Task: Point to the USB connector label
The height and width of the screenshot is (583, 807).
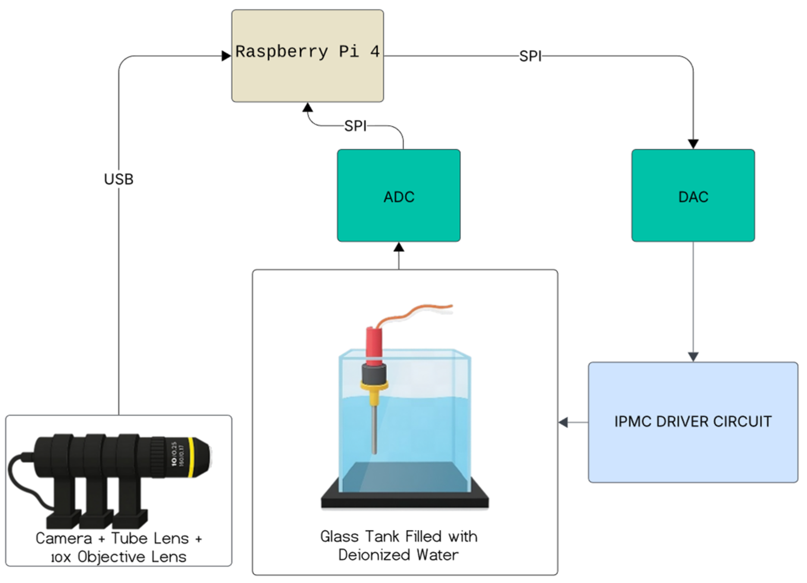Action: pos(119,179)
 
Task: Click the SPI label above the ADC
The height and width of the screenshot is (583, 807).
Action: pos(355,126)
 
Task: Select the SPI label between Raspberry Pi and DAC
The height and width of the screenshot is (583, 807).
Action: pos(530,56)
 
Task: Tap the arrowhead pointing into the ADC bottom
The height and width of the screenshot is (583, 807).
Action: pos(399,247)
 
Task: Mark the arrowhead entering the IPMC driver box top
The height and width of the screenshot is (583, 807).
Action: pos(693,357)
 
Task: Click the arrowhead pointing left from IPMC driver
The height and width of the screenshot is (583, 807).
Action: pos(564,422)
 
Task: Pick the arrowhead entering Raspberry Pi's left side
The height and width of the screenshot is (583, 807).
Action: pos(226,56)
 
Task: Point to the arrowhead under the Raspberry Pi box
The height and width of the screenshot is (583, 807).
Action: pos(308,108)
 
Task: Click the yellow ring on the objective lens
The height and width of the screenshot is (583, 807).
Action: pos(192,457)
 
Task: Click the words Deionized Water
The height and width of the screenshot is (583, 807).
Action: pos(398,555)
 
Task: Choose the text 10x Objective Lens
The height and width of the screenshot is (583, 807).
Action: pos(119,557)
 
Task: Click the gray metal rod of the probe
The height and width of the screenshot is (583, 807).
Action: pos(374,429)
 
